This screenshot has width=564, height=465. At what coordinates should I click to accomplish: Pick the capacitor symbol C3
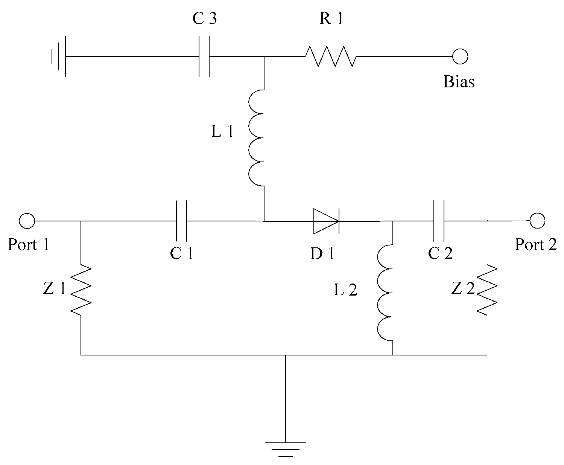(x=204, y=56)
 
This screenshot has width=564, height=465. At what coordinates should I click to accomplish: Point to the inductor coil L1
(x=257, y=138)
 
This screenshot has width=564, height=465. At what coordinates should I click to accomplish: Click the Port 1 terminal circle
(x=27, y=221)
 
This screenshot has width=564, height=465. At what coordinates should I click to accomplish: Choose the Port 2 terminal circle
(x=537, y=221)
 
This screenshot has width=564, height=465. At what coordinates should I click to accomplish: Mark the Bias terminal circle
(x=460, y=56)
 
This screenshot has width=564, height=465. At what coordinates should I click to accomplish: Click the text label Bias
(x=459, y=82)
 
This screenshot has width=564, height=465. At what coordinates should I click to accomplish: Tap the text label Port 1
(x=29, y=245)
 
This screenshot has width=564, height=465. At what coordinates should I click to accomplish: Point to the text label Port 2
(x=535, y=245)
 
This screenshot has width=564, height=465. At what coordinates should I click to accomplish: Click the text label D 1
(x=322, y=254)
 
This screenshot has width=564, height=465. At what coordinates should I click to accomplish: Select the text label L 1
(x=223, y=132)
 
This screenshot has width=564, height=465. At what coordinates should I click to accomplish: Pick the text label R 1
(x=331, y=19)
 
